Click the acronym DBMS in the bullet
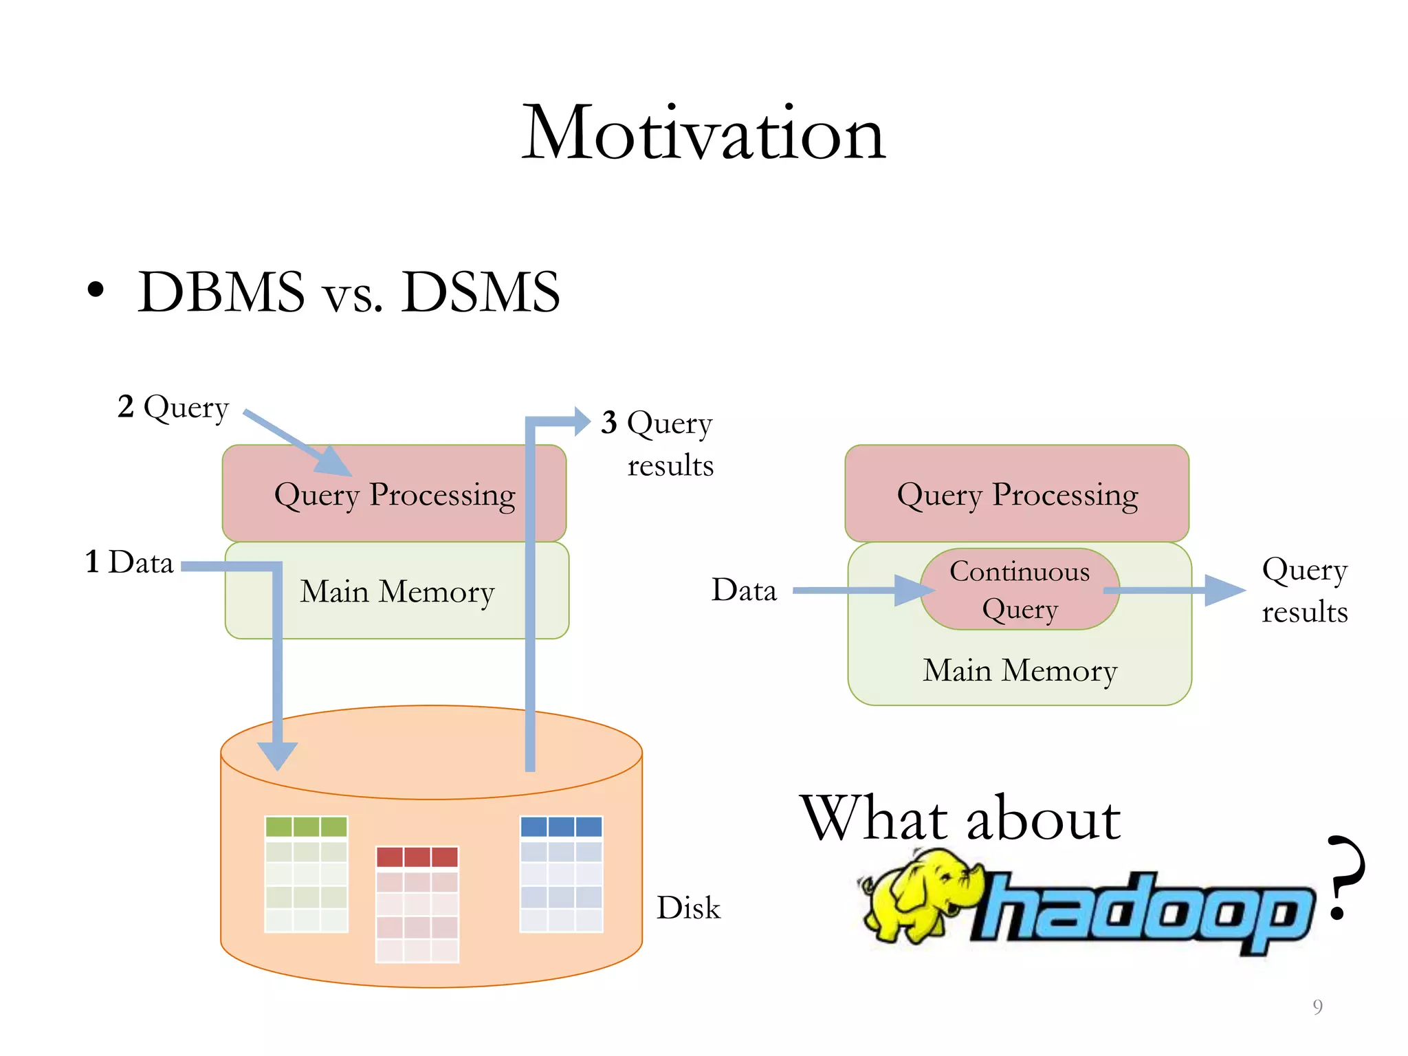pyautogui.click(x=221, y=292)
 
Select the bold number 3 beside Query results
pyautogui.click(x=608, y=422)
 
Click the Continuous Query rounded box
pyautogui.click(x=1019, y=590)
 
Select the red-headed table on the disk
pyautogui.click(x=417, y=904)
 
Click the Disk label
pyautogui.click(x=687, y=908)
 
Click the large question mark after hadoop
pyautogui.click(x=1344, y=877)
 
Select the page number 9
pyautogui.click(x=1317, y=1006)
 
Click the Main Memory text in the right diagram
pyautogui.click(x=1020, y=670)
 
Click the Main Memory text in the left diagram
pyautogui.click(x=397, y=591)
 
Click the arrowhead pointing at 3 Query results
pyautogui.click(x=582, y=421)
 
